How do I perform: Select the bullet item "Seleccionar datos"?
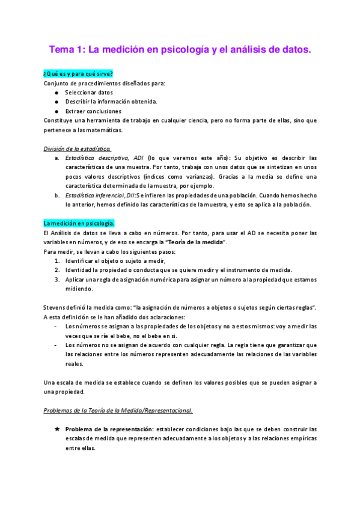point(85,93)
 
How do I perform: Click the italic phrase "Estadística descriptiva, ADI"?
point(104,158)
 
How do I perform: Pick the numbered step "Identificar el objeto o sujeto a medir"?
point(115,260)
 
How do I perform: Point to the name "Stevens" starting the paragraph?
point(55,308)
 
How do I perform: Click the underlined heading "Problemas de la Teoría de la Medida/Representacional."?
point(118,410)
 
